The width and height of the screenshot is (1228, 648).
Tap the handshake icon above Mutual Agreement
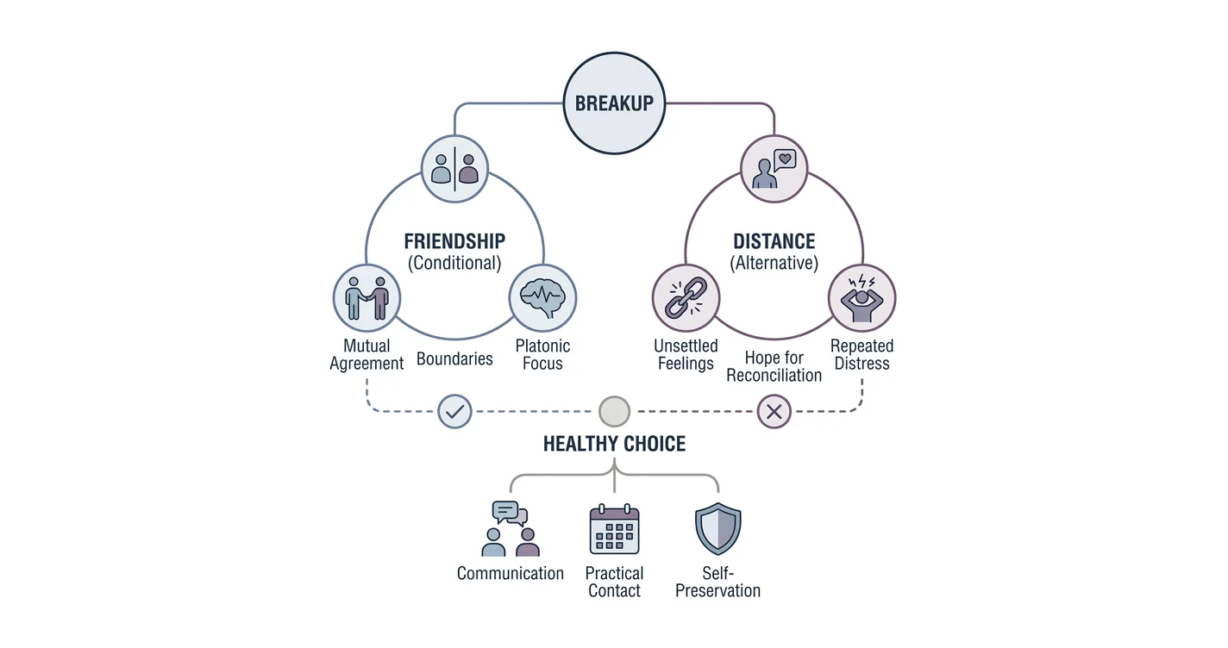[367, 298]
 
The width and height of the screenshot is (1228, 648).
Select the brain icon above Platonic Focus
[542, 298]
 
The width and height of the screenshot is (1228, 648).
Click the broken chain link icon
[686, 298]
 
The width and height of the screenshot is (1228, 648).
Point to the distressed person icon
[861, 298]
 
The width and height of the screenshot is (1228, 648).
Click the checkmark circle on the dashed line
[455, 411]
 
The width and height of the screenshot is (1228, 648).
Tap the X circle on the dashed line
[774, 411]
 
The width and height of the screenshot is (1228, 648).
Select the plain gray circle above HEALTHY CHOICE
[614, 411]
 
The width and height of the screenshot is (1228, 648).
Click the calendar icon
[614, 529]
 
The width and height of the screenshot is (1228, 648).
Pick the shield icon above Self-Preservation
[718, 528]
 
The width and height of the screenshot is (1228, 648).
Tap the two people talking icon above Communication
[511, 528]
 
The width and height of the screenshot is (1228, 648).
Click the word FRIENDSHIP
[454, 241]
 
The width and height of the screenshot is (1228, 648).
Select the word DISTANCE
[774, 241]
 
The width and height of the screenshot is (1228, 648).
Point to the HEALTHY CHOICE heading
[614, 444]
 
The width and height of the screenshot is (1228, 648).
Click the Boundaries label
[454, 358]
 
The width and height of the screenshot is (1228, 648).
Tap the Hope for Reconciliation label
[774, 366]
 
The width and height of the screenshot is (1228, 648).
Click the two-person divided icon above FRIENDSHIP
[454, 169]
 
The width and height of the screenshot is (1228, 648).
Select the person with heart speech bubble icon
[774, 169]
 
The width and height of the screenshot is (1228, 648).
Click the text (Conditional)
[454, 263]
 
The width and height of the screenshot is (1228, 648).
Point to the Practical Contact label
[614, 582]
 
